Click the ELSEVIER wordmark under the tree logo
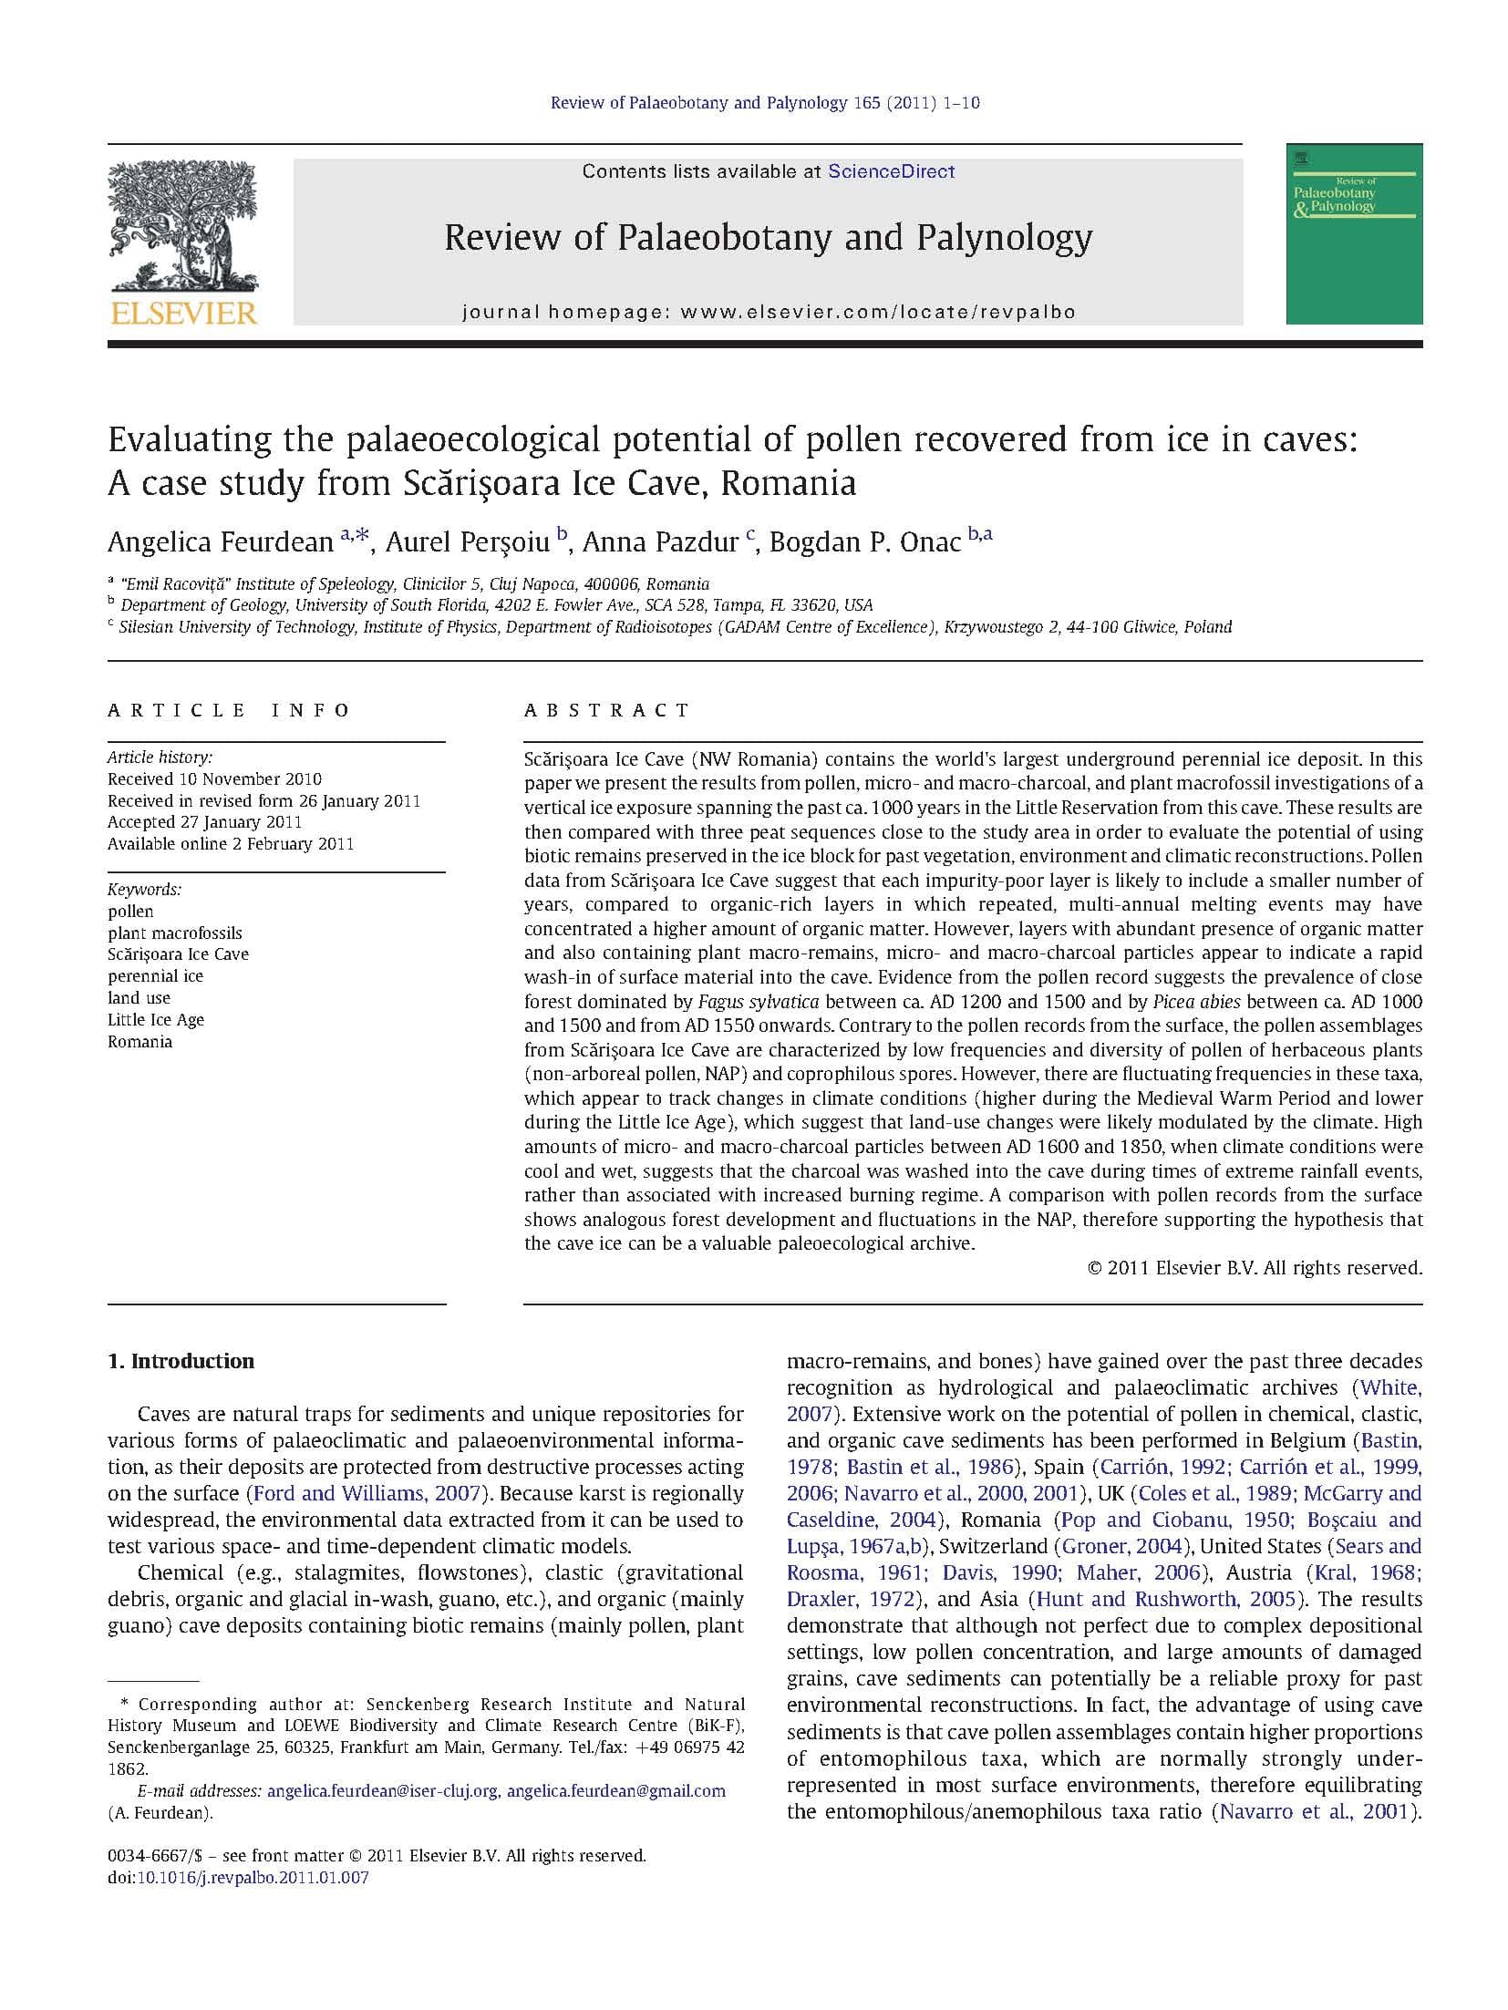(183, 314)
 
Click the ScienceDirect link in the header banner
(890, 171)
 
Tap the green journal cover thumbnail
(1353, 233)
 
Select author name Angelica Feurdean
(221, 542)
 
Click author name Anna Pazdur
(660, 542)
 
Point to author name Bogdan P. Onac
(864, 542)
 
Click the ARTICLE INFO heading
(229, 710)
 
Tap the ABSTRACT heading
(607, 710)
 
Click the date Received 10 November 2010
(214, 778)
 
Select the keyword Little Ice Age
(156, 1019)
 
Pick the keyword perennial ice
(156, 975)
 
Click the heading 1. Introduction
(181, 1361)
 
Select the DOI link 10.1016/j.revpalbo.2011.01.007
(253, 1878)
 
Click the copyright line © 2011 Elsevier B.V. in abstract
(1255, 1268)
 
